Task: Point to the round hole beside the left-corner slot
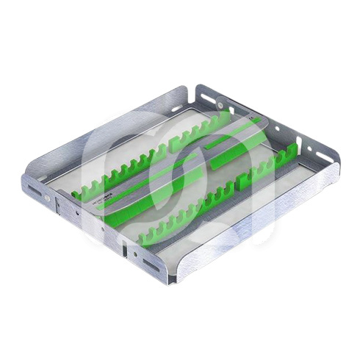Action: [x=47, y=198]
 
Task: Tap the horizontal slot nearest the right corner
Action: [x=323, y=157]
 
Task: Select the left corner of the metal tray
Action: [x=27, y=184]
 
